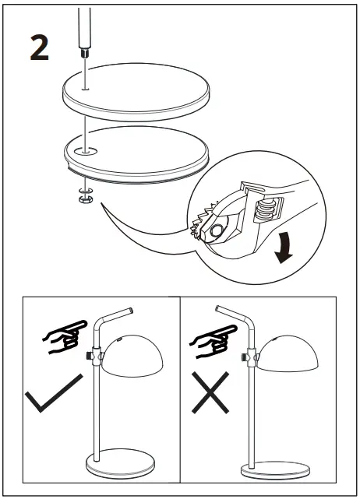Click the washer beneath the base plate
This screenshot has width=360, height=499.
(x=84, y=189)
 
